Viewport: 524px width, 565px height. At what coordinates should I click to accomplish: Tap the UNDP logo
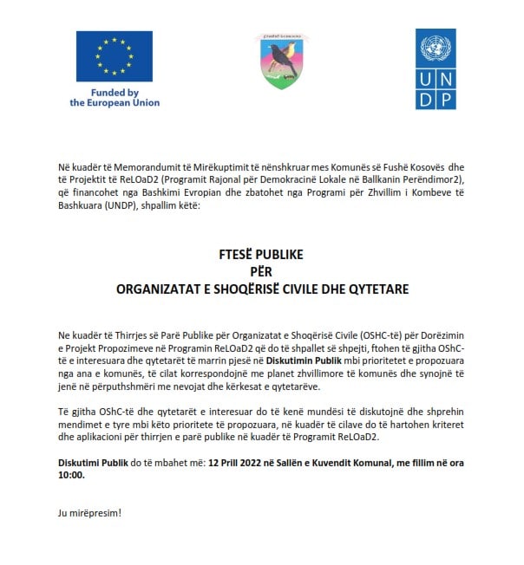436,69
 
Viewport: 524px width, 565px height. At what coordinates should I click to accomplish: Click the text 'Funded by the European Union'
115,98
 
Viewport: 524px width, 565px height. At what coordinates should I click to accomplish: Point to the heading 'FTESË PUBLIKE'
261,257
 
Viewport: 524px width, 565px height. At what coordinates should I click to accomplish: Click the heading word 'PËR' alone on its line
261,272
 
